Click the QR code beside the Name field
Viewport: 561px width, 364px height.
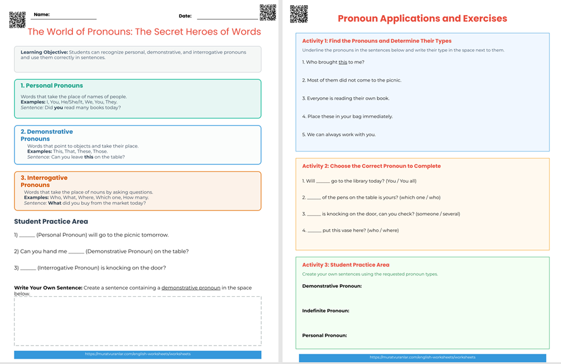pyautogui.click(x=17, y=20)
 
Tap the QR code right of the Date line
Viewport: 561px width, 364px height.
pyautogui.click(x=267, y=13)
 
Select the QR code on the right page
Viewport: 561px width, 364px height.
pyautogui.click(x=299, y=14)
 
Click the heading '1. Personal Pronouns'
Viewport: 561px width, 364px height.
pyautogui.click(x=52, y=86)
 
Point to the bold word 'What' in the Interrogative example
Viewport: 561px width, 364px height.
pyautogui.click(x=54, y=203)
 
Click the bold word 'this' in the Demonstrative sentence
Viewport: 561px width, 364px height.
pyautogui.click(x=89, y=157)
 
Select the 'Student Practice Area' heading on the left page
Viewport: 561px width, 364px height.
pyautogui.click(x=51, y=222)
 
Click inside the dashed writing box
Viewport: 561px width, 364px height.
pyautogui.click(x=137, y=321)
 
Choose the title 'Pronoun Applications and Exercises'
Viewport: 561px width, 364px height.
pyautogui.click(x=422, y=19)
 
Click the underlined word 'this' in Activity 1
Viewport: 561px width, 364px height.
pyautogui.click(x=343, y=62)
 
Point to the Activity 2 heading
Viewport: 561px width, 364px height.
pyautogui.click(x=371, y=166)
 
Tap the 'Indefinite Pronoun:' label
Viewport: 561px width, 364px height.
pyautogui.click(x=325, y=311)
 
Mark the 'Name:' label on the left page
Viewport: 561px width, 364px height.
pyautogui.click(x=41, y=14)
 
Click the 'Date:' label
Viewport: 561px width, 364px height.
pyautogui.click(x=185, y=16)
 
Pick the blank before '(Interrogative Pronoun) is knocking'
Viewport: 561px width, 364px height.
pyautogui.click(x=27, y=268)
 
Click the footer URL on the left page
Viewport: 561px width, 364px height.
pyautogui.click(x=137, y=354)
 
